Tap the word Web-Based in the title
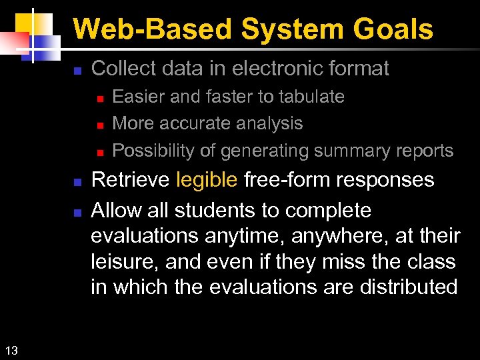(153, 30)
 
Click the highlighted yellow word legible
(207, 180)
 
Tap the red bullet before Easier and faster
(98, 98)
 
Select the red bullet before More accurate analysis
(98, 125)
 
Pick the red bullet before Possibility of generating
(98, 152)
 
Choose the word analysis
(270, 124)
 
